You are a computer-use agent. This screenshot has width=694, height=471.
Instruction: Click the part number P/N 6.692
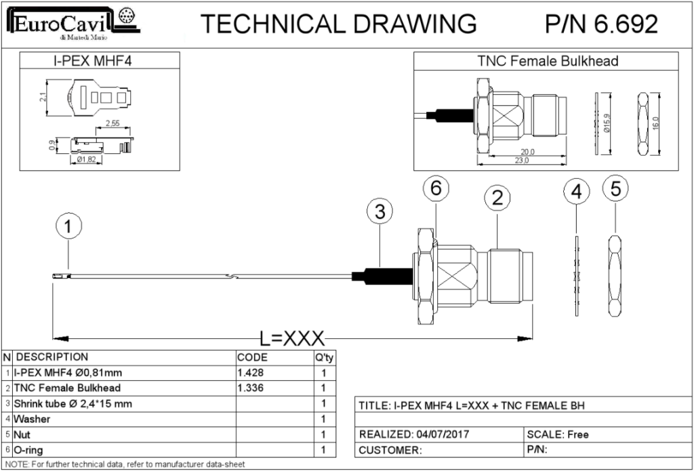(600, 24)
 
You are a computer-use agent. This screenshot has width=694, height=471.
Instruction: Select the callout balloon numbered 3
(380, 212)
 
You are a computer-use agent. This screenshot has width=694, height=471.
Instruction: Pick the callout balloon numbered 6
(436, 189)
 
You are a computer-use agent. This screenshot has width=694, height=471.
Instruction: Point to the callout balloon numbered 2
(497, 198)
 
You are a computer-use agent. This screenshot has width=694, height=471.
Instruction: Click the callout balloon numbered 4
(576, 192)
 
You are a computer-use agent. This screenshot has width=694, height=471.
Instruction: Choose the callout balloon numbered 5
(615, 189)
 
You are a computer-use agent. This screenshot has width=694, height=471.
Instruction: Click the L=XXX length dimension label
(292, 337)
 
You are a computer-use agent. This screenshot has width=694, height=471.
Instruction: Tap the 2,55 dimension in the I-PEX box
(113, 123)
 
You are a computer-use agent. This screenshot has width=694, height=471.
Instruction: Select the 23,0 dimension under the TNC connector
(520, 161)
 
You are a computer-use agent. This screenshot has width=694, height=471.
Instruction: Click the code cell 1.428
(251, 372)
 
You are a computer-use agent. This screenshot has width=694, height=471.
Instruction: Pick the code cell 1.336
(251, 388)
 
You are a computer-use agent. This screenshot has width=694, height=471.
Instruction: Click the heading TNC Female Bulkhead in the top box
(548, 61)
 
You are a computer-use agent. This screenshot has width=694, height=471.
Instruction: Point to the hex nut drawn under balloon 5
(615, 275)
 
